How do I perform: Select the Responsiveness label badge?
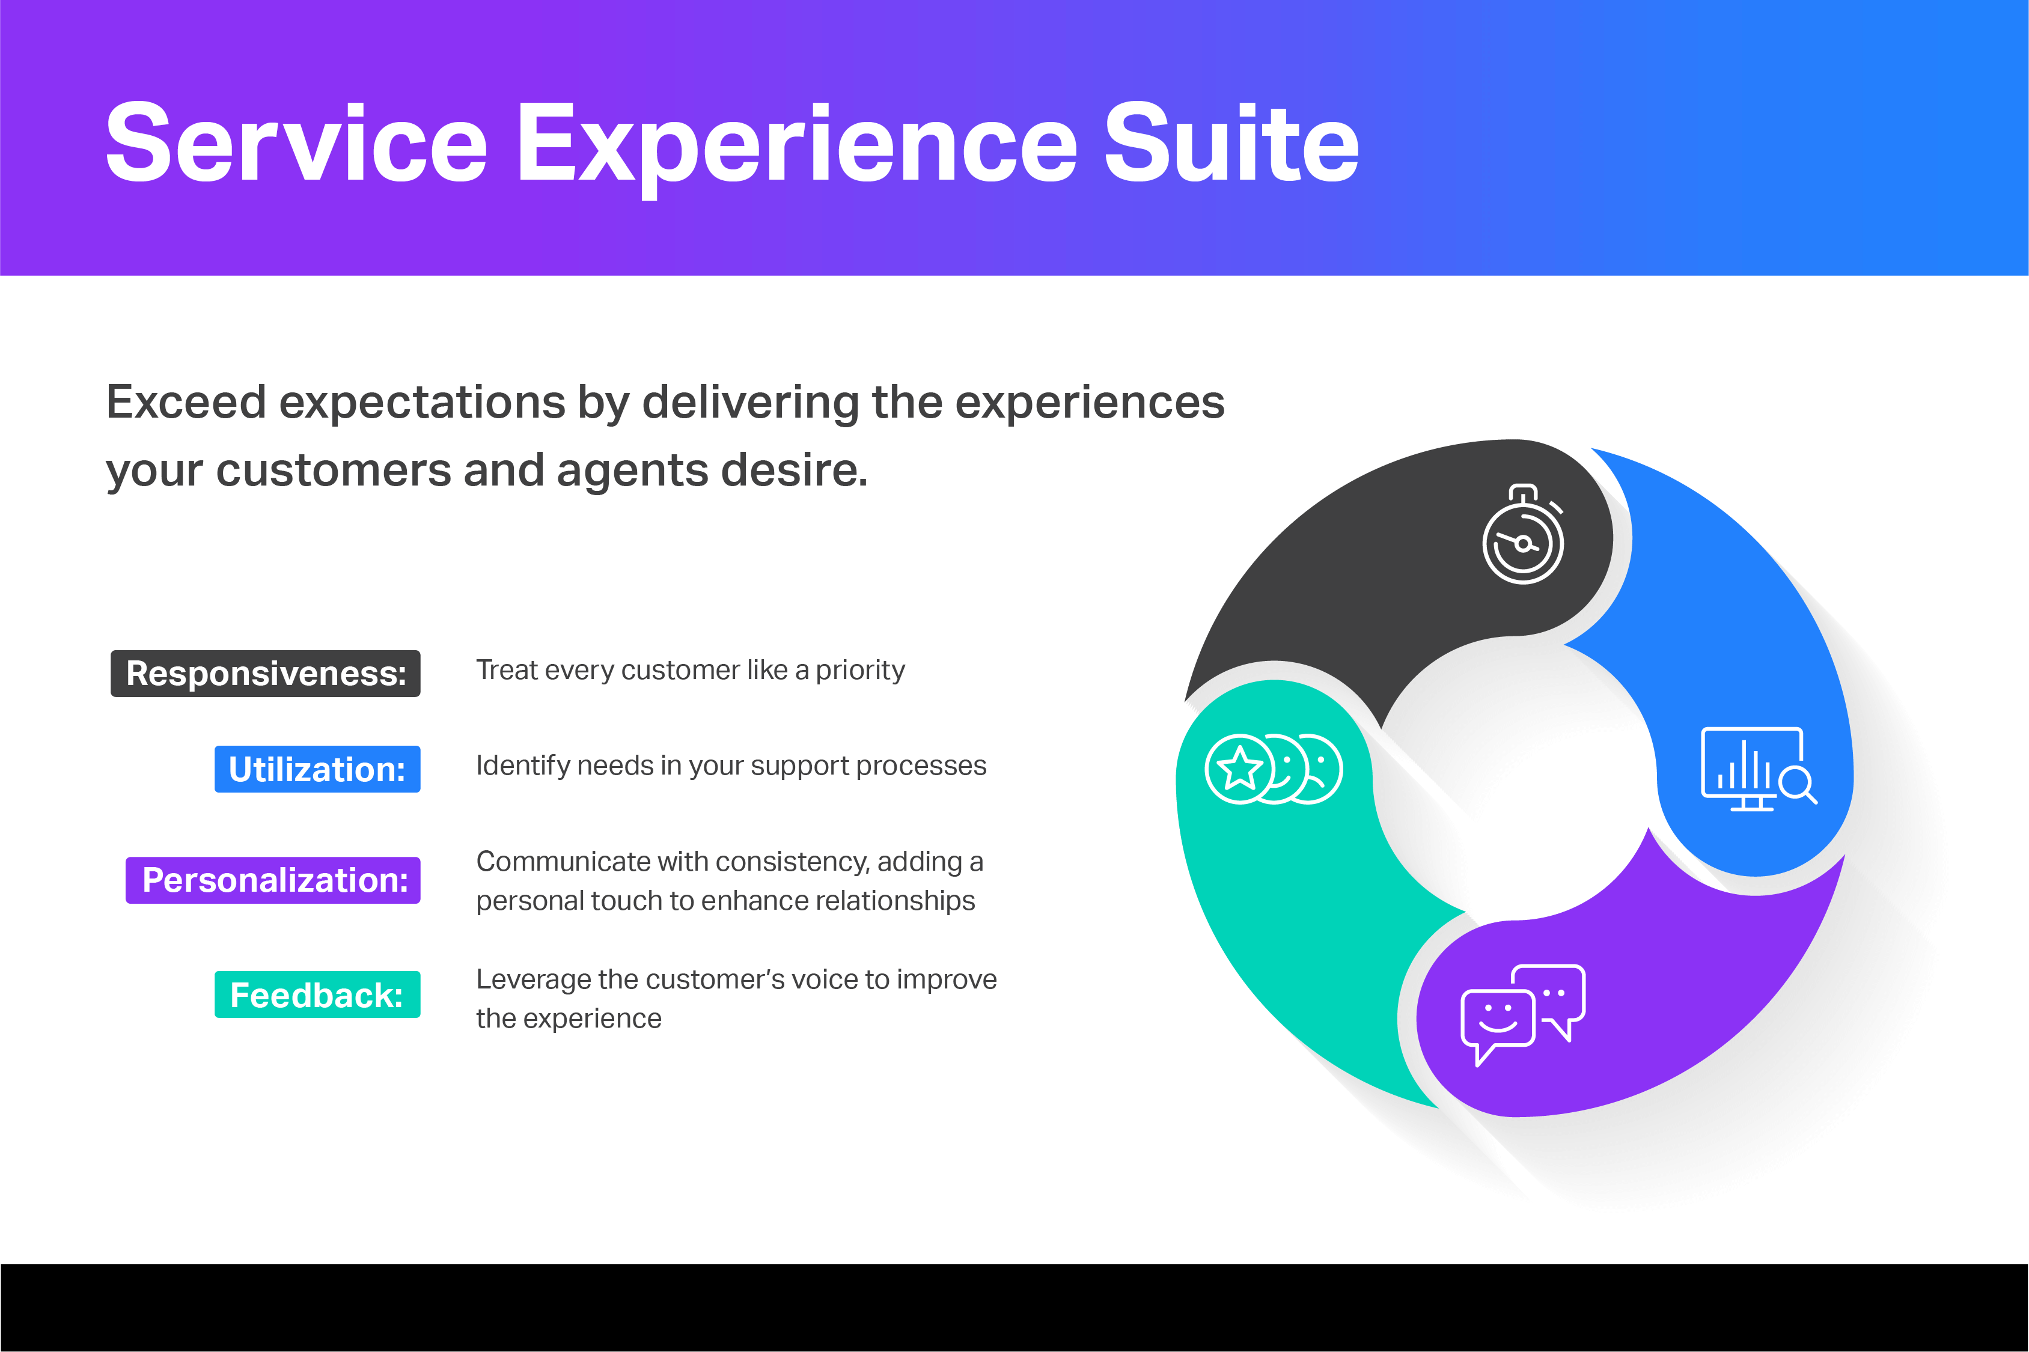[266, 674]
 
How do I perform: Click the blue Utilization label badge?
[317, 769]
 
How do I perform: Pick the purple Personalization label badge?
[273, 880]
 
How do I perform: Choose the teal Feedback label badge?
[317, 995]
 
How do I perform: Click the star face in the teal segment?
[1240, 769]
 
